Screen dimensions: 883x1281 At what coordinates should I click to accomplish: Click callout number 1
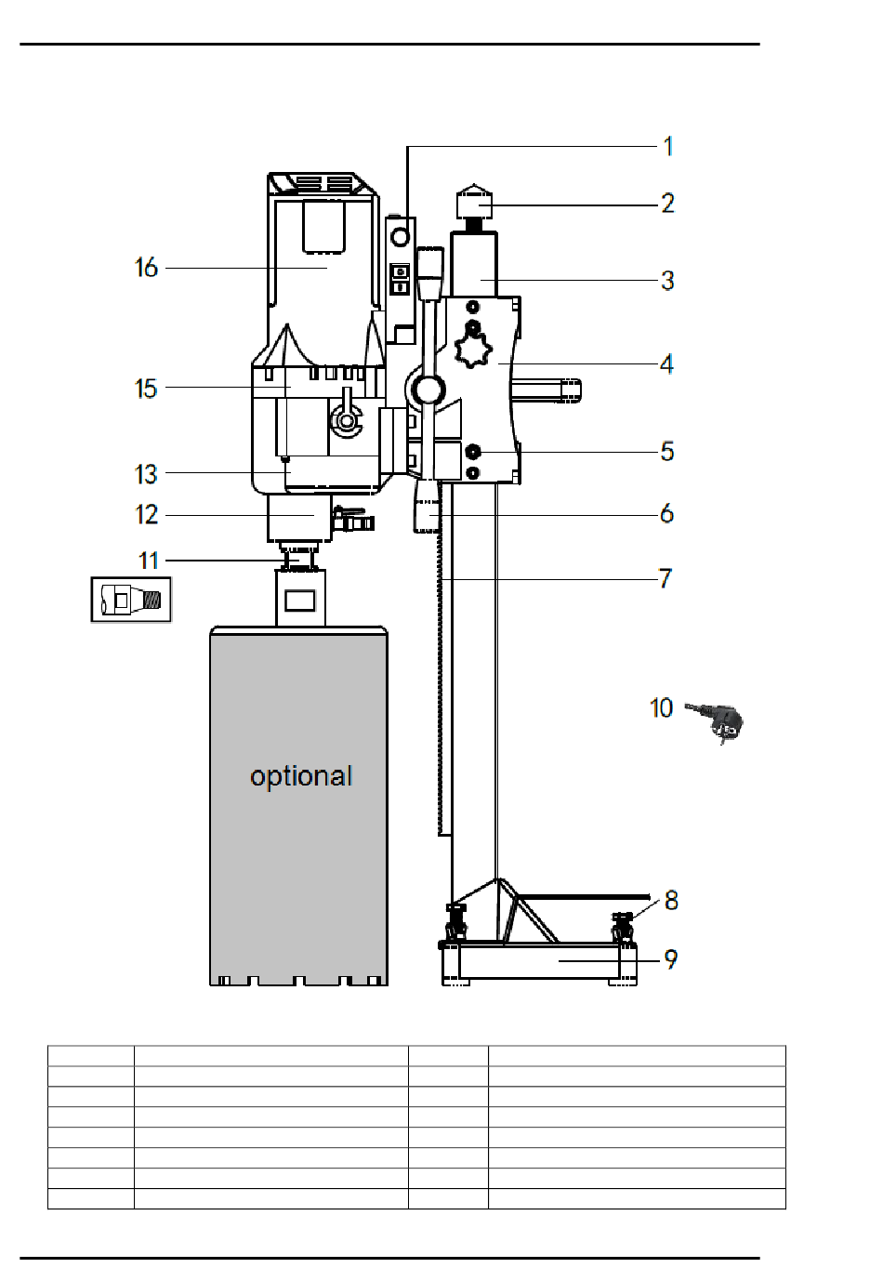click(667, 146)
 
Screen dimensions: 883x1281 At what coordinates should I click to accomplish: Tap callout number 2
click(668, 204)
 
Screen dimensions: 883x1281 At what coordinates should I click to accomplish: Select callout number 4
click(666, 363)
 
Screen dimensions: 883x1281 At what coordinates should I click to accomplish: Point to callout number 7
click(666, 578)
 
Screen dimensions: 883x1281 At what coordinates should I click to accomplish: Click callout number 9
click(671, 959)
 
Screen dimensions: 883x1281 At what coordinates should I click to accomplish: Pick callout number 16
click(146, 268)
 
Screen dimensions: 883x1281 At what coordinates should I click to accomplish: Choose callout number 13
click(146, 474)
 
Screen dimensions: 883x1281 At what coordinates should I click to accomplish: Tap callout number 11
click(149, 561)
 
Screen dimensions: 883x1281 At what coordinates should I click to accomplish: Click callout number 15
click(146, 389)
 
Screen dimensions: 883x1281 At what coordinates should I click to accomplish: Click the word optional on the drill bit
click(301, 776)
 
